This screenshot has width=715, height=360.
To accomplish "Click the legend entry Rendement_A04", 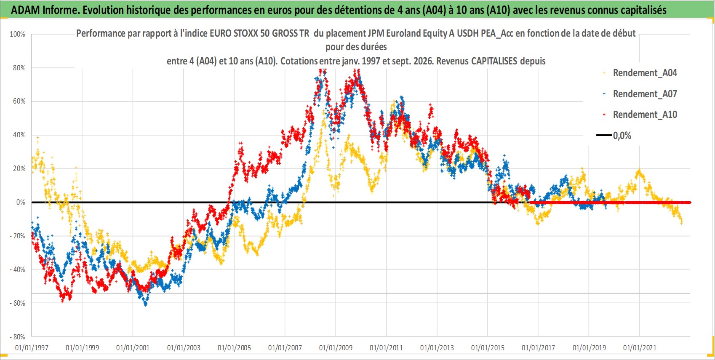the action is click(x=645, y=73).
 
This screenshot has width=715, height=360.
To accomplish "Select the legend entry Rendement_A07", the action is click(x=645, y=94).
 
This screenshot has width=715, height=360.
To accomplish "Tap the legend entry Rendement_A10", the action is click(x=645, y=115).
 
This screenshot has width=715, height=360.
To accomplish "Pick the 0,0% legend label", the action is click(x=622, y=136).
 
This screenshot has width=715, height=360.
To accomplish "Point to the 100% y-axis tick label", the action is click(x=17, y=34).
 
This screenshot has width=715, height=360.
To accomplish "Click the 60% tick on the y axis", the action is click(x=19, y=101).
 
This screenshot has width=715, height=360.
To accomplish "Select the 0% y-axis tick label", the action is click(x=21, y=202).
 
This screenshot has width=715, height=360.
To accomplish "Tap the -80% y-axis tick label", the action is click(x=17, y=337).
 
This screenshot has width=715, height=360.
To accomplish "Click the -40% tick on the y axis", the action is click(x=17, y=269).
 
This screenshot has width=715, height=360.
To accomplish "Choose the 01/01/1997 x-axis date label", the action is click(x=32, y=347).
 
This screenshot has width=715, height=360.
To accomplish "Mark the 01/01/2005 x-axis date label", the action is click(x=234, y=347).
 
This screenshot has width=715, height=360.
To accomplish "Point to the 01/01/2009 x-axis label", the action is click(x=336, y=347).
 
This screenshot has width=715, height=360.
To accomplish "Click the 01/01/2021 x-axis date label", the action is click(x=640, y=347).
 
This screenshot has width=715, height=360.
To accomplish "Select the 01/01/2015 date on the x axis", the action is click(x=488, y=347).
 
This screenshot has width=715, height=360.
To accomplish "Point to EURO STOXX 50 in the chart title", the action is click(x=240, y=33).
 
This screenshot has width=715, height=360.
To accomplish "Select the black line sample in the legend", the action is click(x=603, y=135).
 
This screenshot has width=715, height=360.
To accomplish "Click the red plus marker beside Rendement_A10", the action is click(x=604, y=115).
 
